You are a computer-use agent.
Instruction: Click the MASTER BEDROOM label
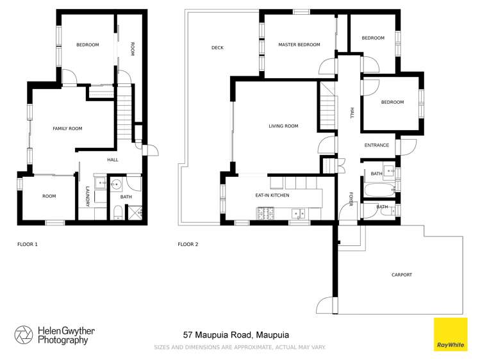coord(299,45)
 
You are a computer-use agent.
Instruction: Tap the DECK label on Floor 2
coord(217,48)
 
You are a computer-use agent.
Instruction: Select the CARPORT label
coord(402,275)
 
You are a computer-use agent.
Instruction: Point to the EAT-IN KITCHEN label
coord(272,195)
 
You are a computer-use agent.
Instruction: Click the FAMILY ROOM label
coord(67,129)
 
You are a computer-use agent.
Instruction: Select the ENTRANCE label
coord(376,145)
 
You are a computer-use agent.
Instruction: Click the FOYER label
coord(351,199)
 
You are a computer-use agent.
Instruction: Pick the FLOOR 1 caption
coord(28,244)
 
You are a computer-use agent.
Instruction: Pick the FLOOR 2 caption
coord(188,244)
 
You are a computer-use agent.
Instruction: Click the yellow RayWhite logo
coord(451,334)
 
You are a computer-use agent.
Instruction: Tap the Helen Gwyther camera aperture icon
coord(24,335)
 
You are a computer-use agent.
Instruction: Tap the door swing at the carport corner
coord(326,306)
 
